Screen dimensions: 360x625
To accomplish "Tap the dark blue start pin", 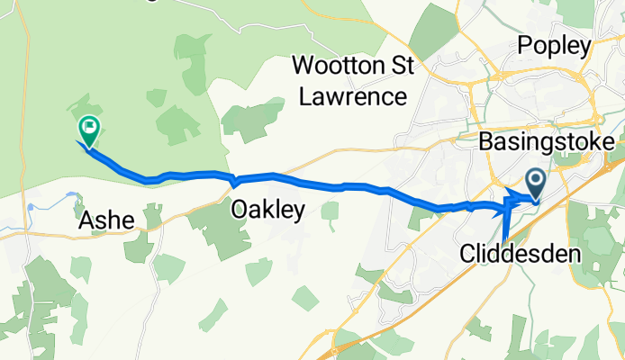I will (x=535, y=184).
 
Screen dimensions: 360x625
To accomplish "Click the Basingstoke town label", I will (x=548, y=142).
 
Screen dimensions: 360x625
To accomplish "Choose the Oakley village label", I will (x=267, y=210).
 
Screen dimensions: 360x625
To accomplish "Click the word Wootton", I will (x=338, y=66).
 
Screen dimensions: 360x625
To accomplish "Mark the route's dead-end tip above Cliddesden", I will (x=504, y=240).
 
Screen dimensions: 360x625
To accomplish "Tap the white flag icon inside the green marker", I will (x=89, y=128).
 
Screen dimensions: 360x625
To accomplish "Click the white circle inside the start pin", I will (x=535, y=180).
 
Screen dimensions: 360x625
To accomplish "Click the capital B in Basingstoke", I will (x=487, y=142).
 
